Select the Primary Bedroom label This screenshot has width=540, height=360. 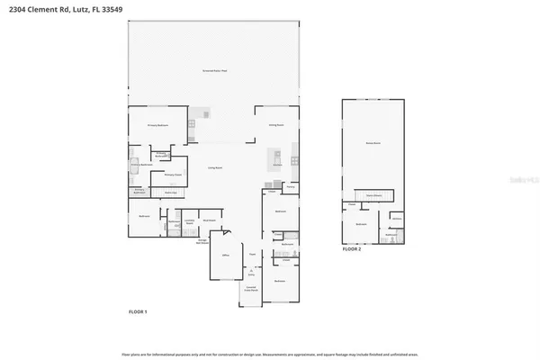158,125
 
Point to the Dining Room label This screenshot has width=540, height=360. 276,125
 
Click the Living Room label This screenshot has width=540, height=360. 216,167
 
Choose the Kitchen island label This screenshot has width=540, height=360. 277,165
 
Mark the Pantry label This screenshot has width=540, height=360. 291,185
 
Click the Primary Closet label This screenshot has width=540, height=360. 173,175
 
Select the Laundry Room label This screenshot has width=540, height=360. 190,220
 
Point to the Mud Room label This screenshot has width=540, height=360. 209,220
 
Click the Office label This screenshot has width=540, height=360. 227,256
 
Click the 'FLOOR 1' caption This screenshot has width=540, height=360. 139,310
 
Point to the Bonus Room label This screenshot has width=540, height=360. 371,143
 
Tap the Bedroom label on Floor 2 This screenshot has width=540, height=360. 360,223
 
